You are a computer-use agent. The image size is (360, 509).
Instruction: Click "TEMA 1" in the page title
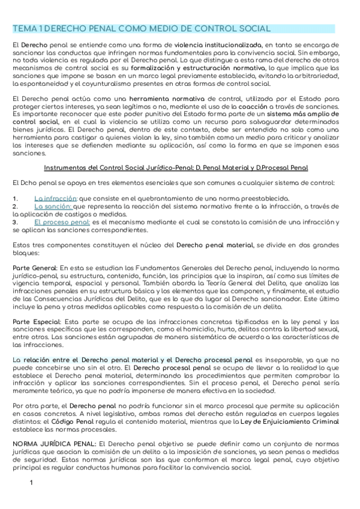click(x=27, y=29)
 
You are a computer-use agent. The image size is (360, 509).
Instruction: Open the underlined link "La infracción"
click(x=55, y=198)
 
